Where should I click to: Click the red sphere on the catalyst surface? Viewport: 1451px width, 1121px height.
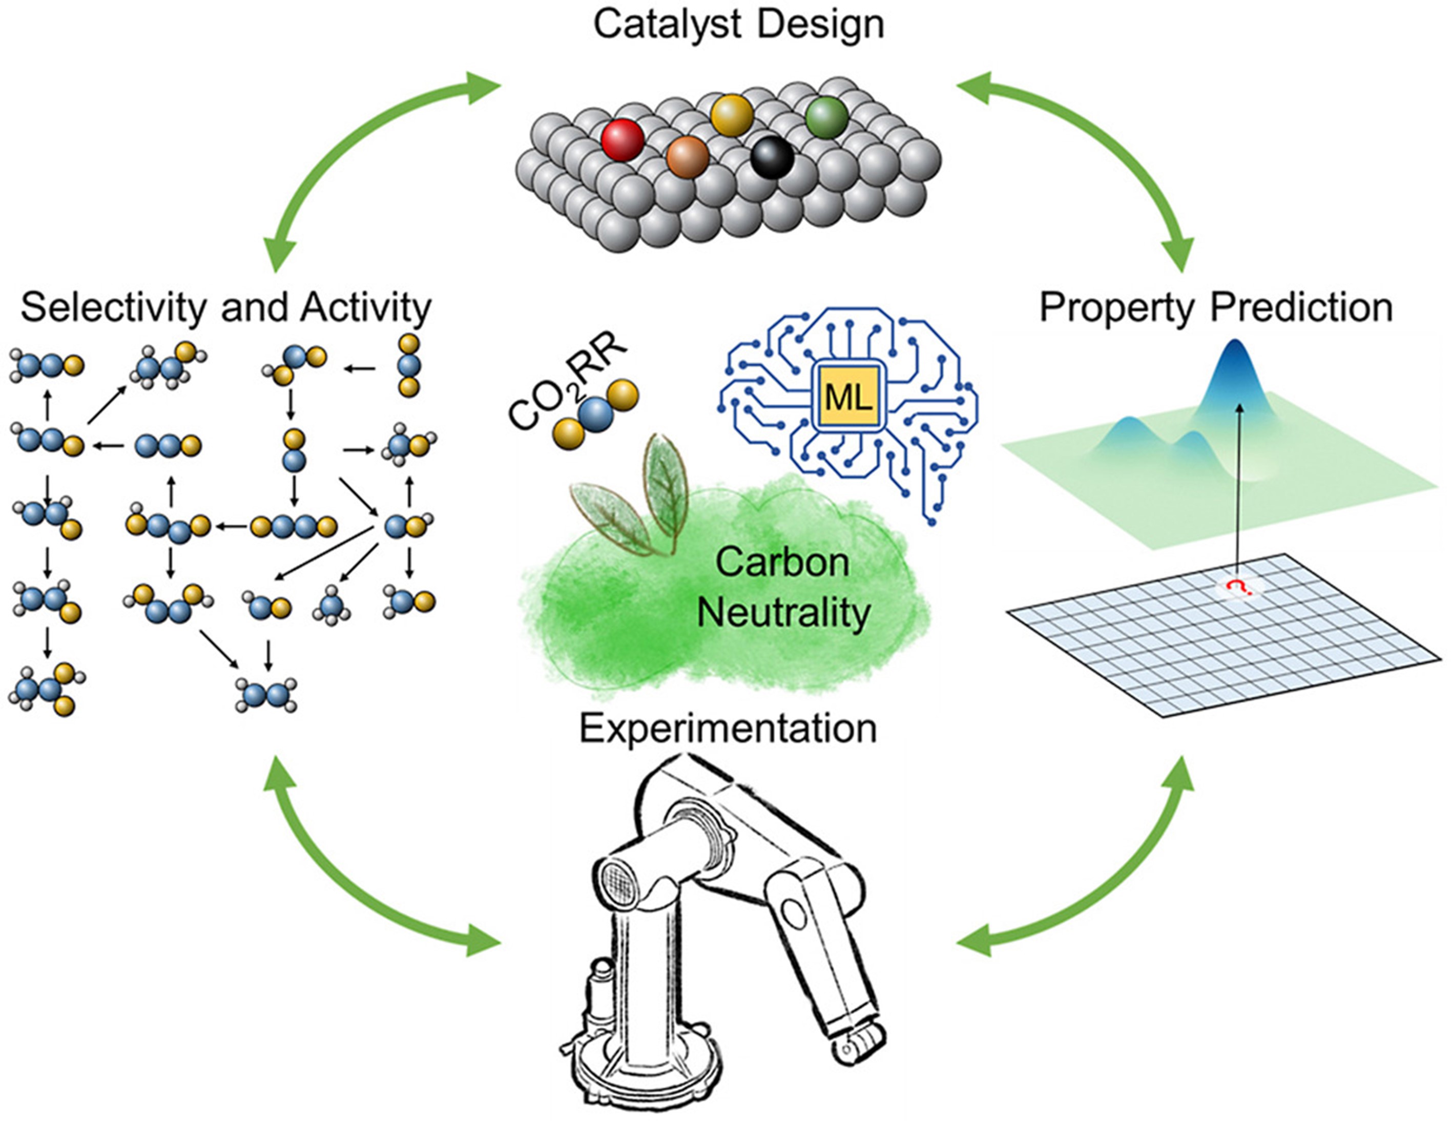point(623,140)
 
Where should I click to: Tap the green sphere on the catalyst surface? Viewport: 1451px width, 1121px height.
point(827,117)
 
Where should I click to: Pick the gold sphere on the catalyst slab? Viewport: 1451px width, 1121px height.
point(732,115)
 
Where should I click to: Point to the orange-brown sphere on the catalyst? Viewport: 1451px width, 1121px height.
point(688,157)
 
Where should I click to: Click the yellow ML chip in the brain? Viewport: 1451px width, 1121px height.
point(848,398)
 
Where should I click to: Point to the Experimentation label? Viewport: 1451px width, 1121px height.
point(728,729)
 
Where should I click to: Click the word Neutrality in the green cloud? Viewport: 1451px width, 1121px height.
point(783,612)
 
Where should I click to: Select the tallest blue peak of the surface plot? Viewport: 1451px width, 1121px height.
point(1236,372)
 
